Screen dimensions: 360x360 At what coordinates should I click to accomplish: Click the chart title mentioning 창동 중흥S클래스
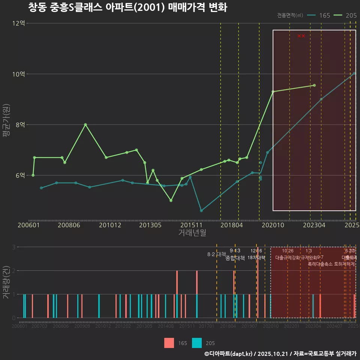[127, 7]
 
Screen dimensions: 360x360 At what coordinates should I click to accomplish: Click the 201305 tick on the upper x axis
[150, 225]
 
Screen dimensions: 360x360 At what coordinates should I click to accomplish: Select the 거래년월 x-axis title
[192, 233]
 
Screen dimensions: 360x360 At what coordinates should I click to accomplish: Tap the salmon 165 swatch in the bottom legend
[169, 343]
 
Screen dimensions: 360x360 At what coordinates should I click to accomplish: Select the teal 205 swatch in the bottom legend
[197, 343]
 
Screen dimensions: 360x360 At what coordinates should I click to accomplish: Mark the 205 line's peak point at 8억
[85, 124]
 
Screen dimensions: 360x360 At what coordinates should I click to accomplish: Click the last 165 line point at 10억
[354, 73]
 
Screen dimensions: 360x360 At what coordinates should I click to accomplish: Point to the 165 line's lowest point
[201, 211]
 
